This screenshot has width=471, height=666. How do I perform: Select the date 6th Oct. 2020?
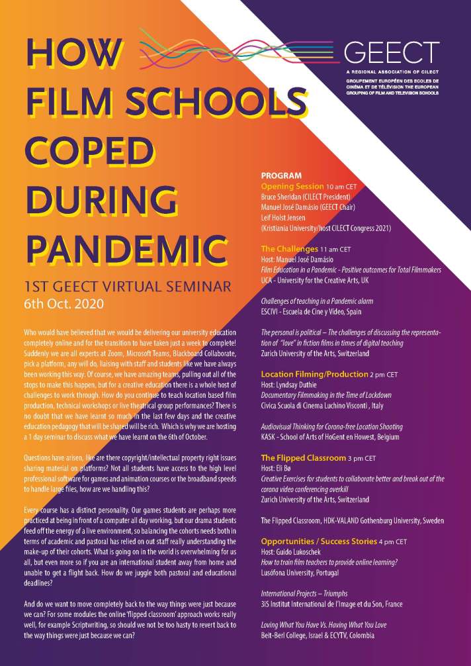(x=59, y=305)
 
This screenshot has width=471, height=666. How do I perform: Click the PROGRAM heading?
(x=281, y=176)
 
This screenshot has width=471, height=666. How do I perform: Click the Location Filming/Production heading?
(x=314, y=374)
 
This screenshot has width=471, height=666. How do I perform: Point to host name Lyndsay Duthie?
(x=300, y=385)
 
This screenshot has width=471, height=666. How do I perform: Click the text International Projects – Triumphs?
(x=304, y=593)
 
